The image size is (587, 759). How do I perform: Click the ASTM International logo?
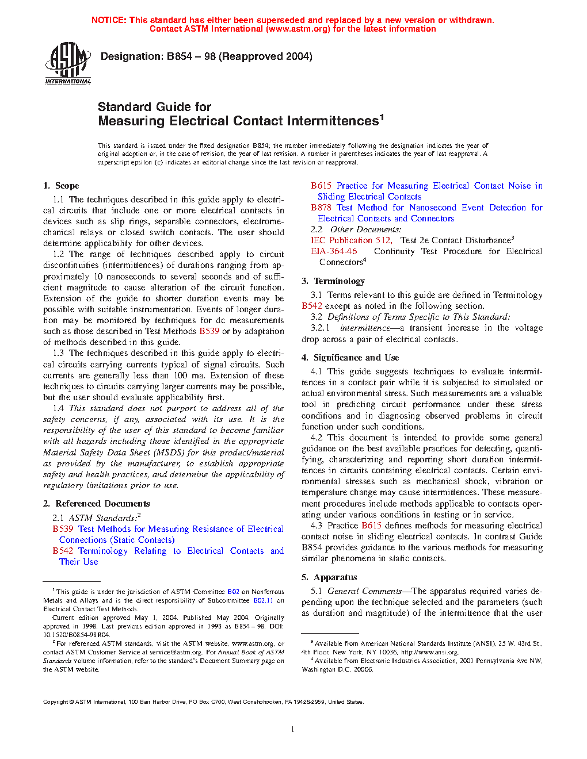[68, 63]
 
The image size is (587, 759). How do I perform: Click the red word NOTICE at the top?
[109, 20]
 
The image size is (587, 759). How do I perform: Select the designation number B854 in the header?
[180, 56]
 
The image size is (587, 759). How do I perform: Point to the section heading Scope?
[67, 186]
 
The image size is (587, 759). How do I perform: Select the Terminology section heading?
[339, 281]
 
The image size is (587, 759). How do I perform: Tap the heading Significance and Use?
[356, 358]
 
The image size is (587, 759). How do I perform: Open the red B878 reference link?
[321, 208]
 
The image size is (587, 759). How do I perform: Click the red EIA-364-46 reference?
[334, 251]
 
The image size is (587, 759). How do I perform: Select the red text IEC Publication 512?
[351, 240]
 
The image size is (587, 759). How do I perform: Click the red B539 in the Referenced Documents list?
[63, 529]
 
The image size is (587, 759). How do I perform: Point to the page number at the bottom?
[293, 730]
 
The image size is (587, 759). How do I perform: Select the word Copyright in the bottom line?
[55, 701]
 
